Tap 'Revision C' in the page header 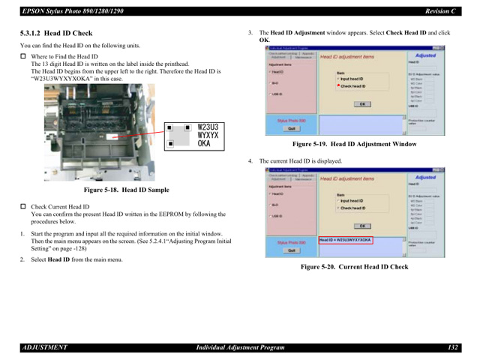click(x=438, y=9)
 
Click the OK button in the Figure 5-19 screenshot click(x=361, y=104)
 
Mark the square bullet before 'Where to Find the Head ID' click(x=22, y=57)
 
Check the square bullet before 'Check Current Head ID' click(x=22, y=206)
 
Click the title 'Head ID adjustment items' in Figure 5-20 click(x=347, y=179)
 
